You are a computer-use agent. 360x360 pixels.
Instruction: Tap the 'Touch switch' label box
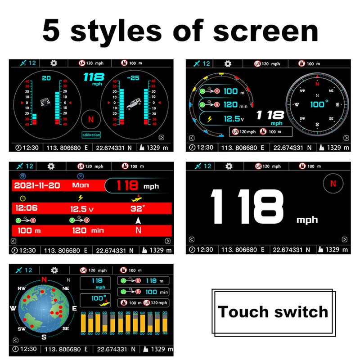273,311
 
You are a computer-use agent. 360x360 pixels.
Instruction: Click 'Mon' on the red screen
81,185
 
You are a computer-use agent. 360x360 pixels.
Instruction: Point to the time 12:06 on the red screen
27,209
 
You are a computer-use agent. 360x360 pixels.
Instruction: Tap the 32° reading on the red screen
138,209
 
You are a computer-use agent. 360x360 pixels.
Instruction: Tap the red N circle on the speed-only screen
333,183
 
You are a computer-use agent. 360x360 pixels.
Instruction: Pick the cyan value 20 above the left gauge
46,78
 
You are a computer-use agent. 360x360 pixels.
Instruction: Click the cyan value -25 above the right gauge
133,78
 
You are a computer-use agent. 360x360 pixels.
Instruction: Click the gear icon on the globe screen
54,270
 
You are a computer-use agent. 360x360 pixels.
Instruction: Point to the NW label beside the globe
21,288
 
